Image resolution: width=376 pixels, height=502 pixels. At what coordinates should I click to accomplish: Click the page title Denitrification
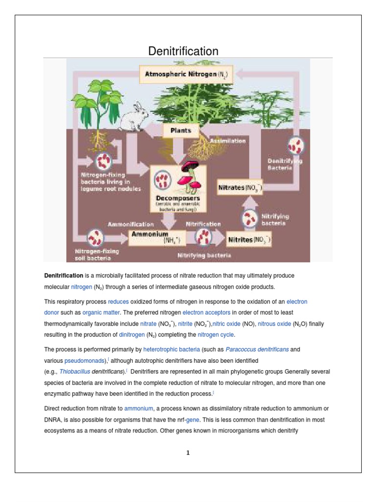coord(184,51)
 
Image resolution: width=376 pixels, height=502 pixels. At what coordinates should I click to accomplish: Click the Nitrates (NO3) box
coord(240,187)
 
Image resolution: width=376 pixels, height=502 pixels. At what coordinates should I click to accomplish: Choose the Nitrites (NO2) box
coord(249,240)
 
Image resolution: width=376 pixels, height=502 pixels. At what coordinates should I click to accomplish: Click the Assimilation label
coord(228,141)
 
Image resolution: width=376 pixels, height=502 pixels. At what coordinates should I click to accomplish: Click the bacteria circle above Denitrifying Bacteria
coord(296,146)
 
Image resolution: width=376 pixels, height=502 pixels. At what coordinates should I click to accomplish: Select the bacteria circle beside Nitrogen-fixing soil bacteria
coord(94,238)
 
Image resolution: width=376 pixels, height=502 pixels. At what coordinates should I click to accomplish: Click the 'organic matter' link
coord(97,312)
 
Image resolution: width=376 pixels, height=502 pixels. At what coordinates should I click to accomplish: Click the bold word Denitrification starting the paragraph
coord(65,276)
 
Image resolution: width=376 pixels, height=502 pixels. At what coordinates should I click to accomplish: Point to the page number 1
coord(188,453)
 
